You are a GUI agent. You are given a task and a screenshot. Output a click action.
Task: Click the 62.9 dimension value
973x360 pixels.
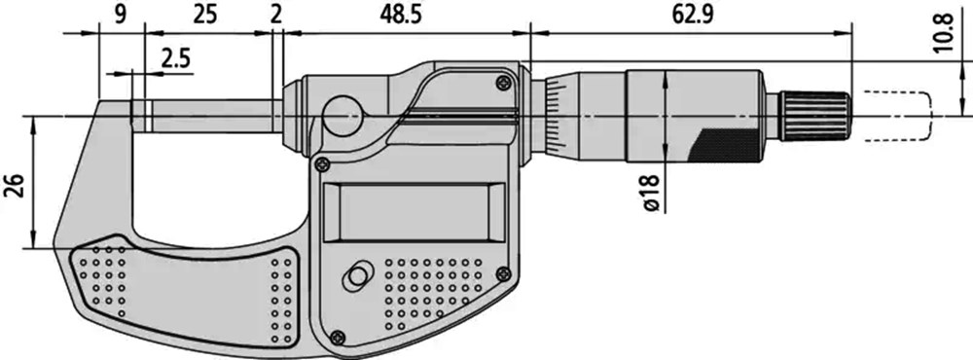pos(692,15)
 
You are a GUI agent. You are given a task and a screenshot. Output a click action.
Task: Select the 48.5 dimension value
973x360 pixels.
pos(401,15)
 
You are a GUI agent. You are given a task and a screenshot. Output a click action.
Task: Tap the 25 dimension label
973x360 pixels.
pos(204,15)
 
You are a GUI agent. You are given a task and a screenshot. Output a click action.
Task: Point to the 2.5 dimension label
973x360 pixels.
pos(176,59)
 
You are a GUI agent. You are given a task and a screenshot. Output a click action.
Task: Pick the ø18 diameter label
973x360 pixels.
pos(651,193)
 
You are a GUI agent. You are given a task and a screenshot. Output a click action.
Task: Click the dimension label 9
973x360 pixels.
pos(121,15)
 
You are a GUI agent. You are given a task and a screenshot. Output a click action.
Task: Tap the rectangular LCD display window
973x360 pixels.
pos(414,212)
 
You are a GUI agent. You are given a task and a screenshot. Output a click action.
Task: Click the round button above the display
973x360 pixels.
pos(342,115)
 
